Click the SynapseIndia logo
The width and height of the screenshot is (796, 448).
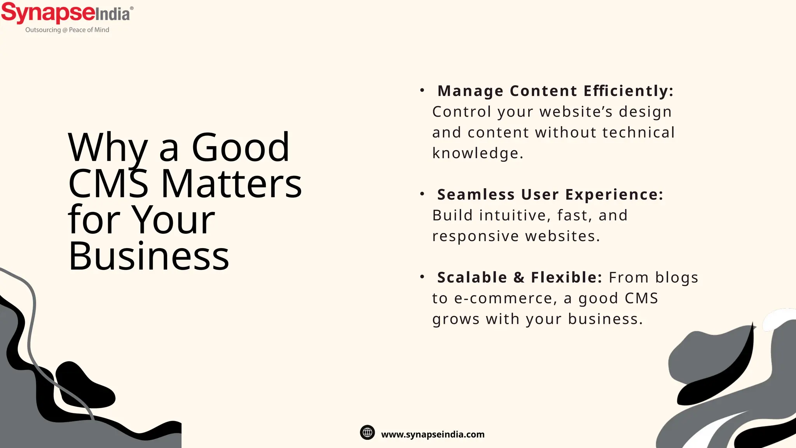click(x=67, y=13)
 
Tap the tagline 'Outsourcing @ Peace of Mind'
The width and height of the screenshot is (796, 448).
click(x=67, y=30)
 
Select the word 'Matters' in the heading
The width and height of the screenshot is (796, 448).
click(x=231, y=184)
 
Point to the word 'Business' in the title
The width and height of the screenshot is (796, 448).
click(x=148, y=256)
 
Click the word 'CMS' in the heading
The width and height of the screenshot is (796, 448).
click(x=108, y=184)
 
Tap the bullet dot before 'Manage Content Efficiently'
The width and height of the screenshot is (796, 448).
click(x=422, y=91)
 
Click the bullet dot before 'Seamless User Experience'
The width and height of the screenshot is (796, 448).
click(x=422, y=194)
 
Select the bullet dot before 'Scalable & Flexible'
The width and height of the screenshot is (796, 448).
click(x=422, y=277)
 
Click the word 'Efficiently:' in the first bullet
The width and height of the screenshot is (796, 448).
click(x=628, y=91)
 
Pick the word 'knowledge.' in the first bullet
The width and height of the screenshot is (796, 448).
click(x=478, y=153)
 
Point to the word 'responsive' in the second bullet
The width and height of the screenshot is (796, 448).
click(x=475, y=236)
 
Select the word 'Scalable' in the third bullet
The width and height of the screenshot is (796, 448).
click(x=472, y=278)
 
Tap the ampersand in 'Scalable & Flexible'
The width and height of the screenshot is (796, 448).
click(x=519, y=278)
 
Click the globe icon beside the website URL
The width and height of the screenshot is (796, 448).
click(x=367, y=432)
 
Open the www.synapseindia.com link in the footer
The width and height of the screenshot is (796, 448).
click(x=433, y=434)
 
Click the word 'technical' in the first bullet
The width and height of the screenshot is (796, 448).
click(x=639, y=133)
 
